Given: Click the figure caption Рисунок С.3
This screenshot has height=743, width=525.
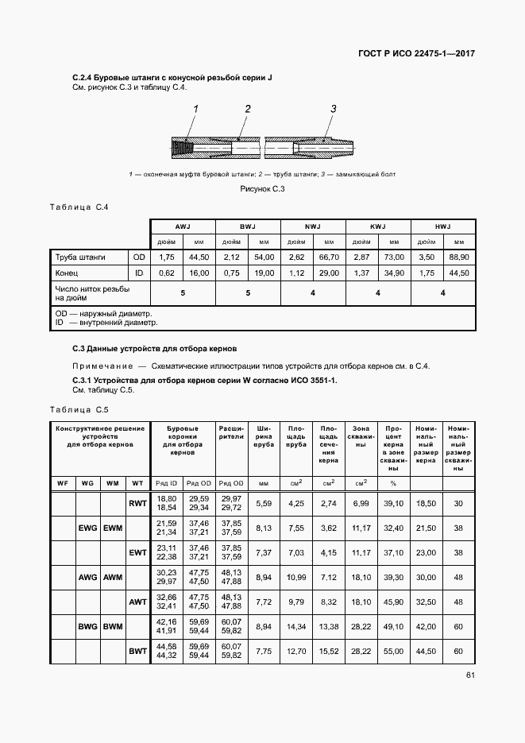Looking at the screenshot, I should [x=262, y=188].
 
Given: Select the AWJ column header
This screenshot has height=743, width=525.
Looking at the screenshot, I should [x=183, y=226].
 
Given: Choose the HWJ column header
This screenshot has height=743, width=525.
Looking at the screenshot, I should [x=443, y=226].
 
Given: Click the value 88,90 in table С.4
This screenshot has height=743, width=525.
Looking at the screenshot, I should [x=459, y=257].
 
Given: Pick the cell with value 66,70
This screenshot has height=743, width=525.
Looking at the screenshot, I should [x=329, y=257].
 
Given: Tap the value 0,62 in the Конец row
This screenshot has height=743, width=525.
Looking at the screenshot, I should [x=167, y=273].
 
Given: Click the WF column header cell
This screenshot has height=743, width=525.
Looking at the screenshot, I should [x=63, y=483].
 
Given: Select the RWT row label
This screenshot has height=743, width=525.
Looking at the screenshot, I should [x=137, y=503].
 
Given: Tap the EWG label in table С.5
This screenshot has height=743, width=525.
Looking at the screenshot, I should [x=88, y=528].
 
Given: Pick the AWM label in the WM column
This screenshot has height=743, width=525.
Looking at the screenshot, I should [x=113, y=577].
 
